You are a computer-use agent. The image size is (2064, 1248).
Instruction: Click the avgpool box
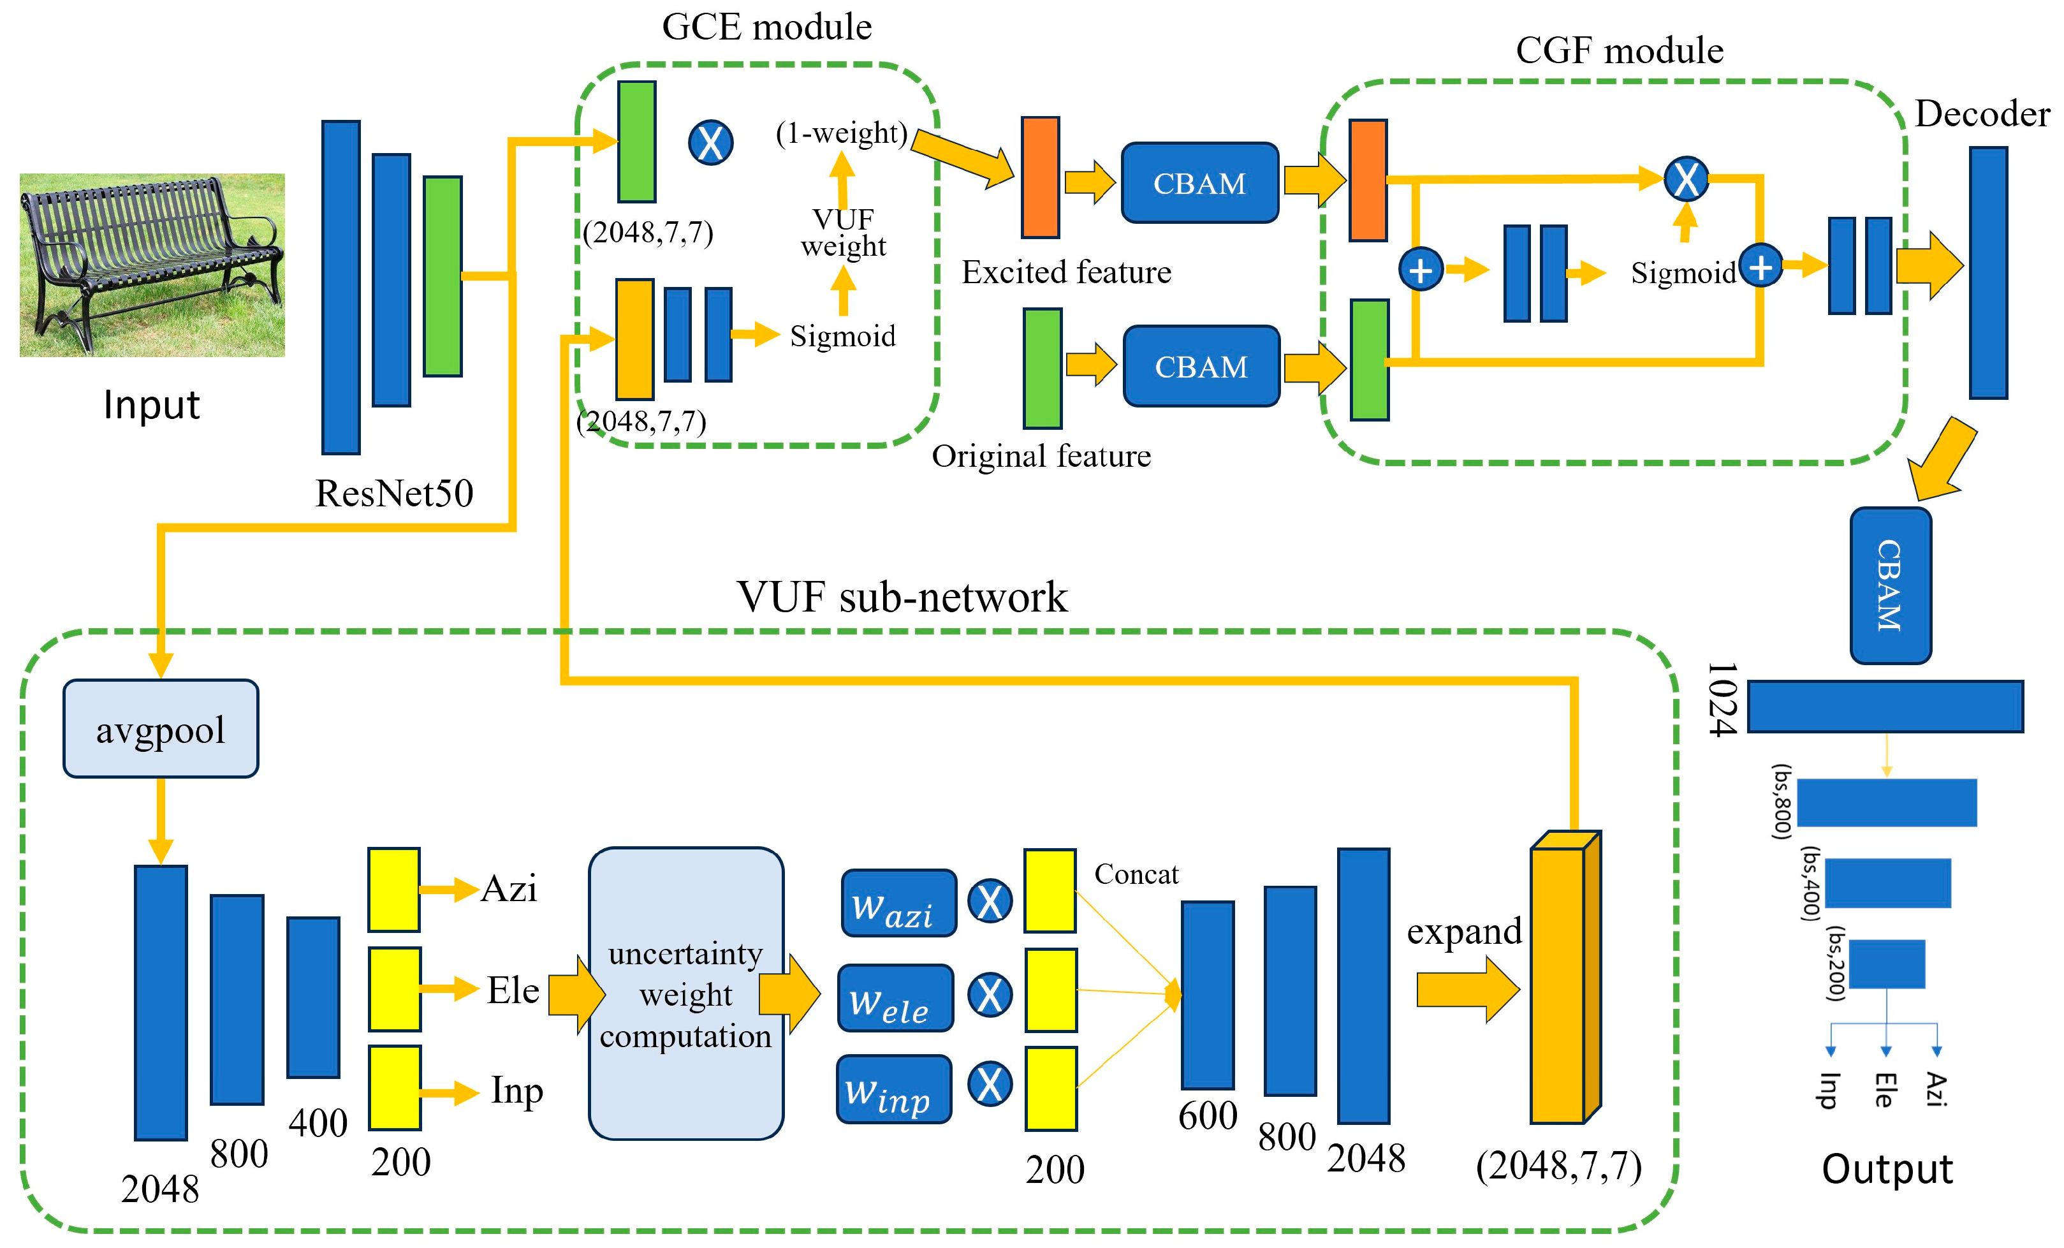[x=160, y=729]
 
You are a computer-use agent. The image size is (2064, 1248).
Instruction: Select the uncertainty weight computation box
[x=685, y=994]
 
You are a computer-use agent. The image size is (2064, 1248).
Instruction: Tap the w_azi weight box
[x=898, y=903]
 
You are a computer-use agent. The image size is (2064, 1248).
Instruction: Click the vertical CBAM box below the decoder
[x=1890, y=585]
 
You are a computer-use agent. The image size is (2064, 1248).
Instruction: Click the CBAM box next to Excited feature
[x=1199, y=182]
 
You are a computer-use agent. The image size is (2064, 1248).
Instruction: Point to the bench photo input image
[x=152, y=265]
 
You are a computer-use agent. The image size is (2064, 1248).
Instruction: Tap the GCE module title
[x=766, y=27]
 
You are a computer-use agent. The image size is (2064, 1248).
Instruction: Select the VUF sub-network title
[x=902, y=597]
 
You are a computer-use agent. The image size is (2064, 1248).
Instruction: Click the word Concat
[x=1136, y=874]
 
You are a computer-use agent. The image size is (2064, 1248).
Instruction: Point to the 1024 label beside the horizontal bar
[x=1722, y=700]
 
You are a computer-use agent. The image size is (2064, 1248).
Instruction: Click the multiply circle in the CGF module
[x=1685, y=179]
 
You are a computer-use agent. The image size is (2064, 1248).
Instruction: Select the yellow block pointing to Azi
[x=393, y=890]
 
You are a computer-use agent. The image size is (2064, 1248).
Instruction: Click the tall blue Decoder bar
[x=1987, y=273]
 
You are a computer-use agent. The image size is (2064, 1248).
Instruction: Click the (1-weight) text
[x=841, y=133]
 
